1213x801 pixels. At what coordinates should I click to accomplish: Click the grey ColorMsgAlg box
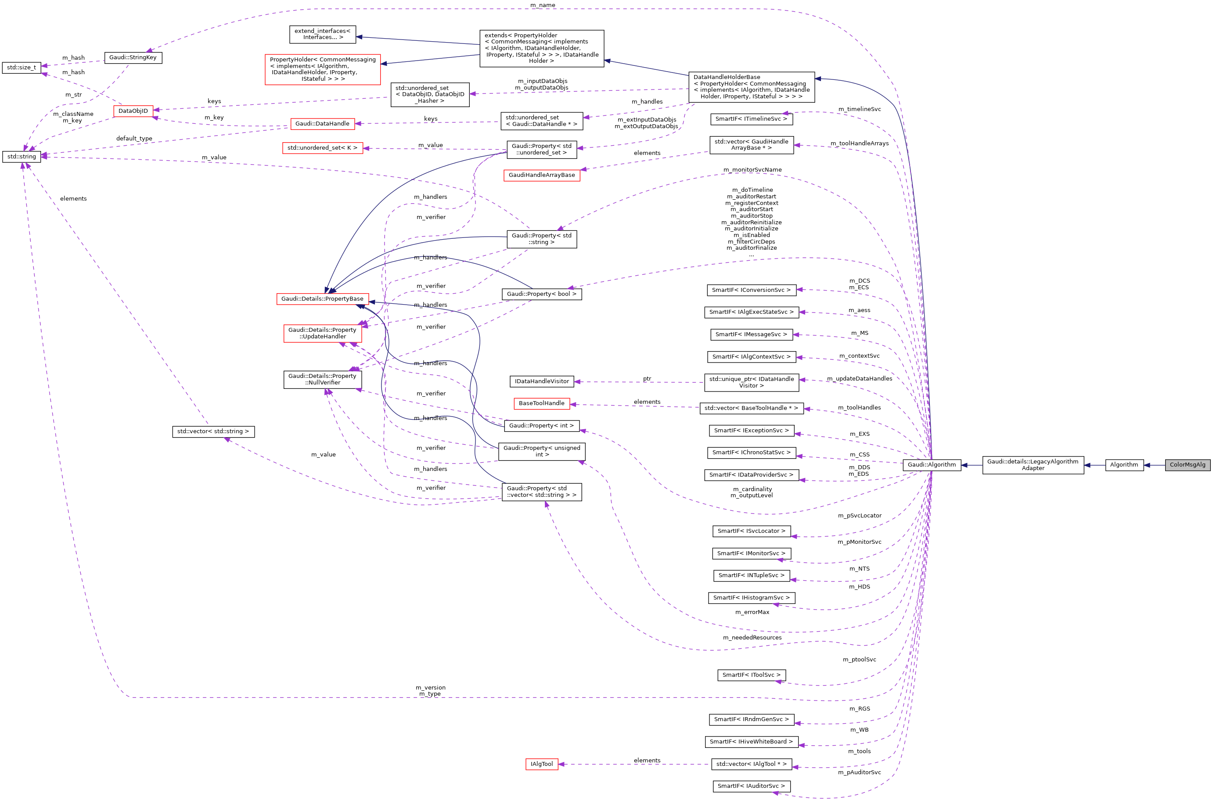coord(1187,465)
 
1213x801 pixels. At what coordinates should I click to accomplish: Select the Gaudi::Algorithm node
coord(932,465)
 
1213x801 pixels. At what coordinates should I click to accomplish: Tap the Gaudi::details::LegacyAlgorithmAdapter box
coord(1033,465)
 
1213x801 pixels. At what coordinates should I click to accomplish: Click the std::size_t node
coord(22,68)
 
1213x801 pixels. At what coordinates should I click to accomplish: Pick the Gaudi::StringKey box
coord(133,57)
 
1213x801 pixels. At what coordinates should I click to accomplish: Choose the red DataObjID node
coord(133,111)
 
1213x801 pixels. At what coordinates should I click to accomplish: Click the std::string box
coord(22,156)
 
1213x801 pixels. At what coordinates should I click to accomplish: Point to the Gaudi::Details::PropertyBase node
coord(322,299)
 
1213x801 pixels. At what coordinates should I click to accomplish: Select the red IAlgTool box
coord(542,764)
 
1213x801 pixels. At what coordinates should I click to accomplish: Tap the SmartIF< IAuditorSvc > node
coord(751,786)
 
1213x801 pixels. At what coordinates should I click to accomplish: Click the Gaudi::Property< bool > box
coord(542,294)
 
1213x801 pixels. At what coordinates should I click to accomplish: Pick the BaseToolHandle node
coord(542,403)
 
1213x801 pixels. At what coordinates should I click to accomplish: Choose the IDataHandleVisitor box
coord(542,381)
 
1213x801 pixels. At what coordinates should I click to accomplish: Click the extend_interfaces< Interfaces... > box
coord(322,34)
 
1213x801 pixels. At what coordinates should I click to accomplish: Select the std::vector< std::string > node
coord(213,431)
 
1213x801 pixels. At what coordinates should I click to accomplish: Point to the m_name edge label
coord(543,5)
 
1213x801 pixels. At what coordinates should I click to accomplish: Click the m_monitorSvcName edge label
coord(752,169)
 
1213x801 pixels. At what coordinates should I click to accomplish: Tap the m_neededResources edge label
coord(752,638)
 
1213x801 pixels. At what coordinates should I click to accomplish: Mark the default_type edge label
coord(134,138)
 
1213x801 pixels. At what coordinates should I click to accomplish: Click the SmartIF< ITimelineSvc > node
coord(751,119)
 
